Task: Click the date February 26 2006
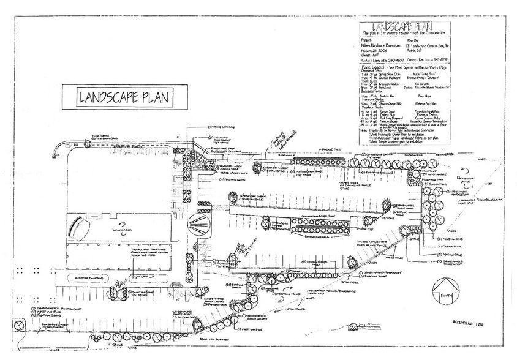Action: click(x=374, y=51)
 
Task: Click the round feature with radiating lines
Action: click(x=200, y=227)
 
